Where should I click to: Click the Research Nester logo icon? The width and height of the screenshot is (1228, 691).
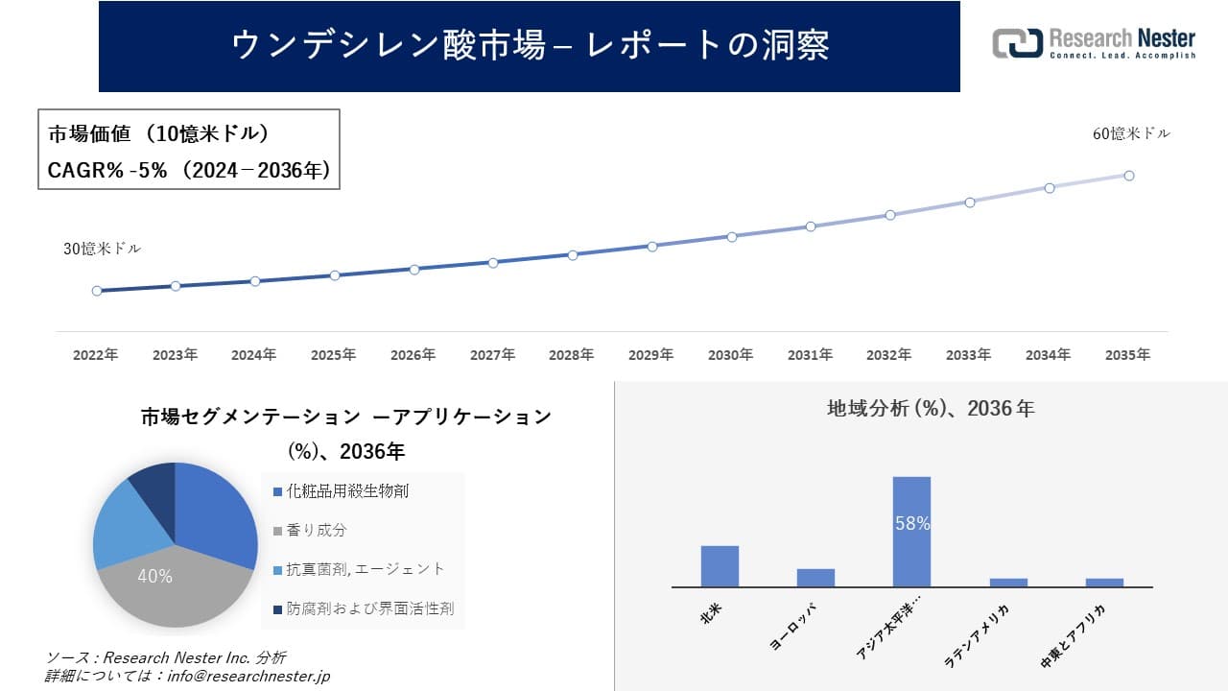[x=1017, y=43]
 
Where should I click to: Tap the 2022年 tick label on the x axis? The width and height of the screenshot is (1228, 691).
[x=96, y=355]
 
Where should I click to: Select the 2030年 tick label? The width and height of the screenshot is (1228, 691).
[x=731, y=355]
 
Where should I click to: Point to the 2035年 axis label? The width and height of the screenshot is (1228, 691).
[x=1127, y=355]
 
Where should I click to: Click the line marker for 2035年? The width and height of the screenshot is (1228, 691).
[x=1129, y=176]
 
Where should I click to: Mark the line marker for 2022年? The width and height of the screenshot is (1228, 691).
[x=97, y=291]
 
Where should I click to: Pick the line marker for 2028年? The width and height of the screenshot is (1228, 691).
[x=573, y=255]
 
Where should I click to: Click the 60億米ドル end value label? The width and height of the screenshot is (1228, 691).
[x=1131, y=134]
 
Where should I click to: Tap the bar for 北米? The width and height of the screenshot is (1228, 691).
[x=720, y=566]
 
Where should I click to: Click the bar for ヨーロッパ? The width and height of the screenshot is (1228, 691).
[x=815, y=577]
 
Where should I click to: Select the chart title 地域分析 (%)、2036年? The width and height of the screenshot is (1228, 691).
[x=930, y=409]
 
